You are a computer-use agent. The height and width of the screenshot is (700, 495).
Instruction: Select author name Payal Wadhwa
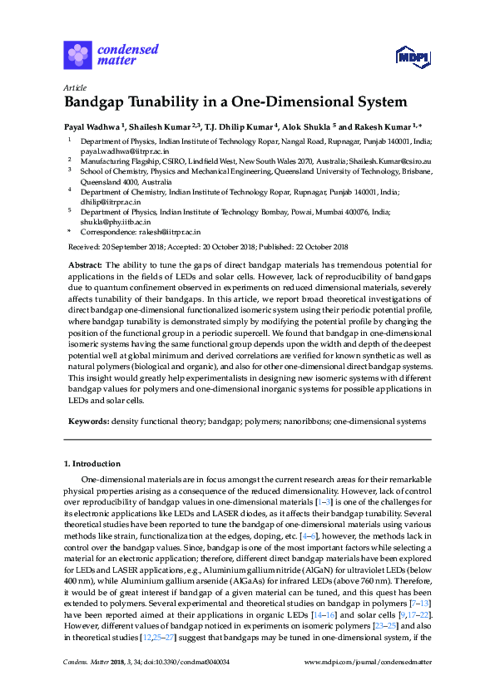pyautogui.click(x=92, y=126)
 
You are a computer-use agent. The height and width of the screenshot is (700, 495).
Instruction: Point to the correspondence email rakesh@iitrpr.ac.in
pyautogui.click(x=165, y=233)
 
